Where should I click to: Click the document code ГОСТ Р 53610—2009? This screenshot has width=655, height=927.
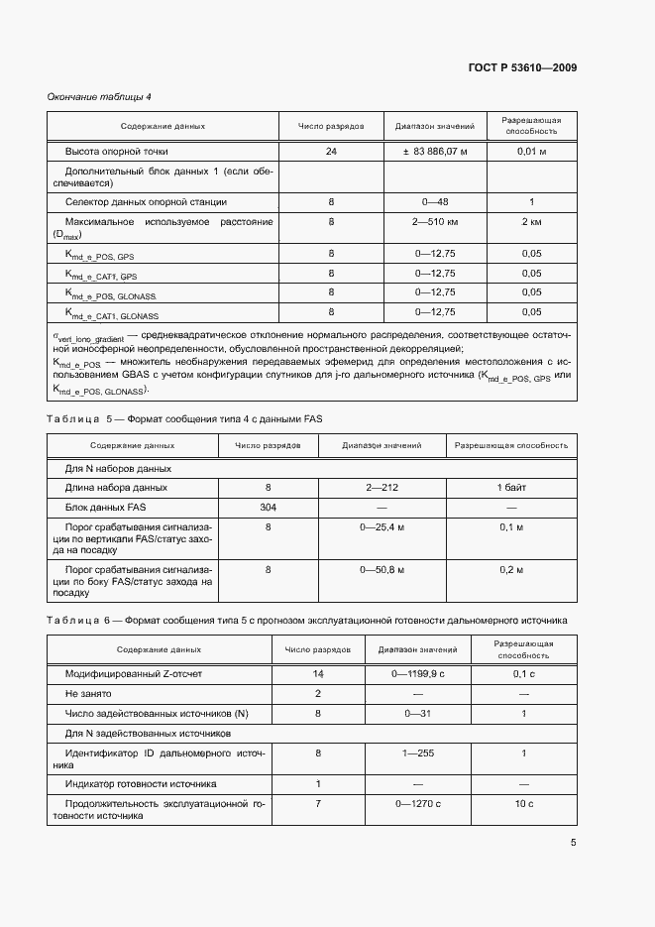click(522, 68)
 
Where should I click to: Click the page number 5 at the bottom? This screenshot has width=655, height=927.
click(573, 843)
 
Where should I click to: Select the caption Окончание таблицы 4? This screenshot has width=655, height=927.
click(99, 96)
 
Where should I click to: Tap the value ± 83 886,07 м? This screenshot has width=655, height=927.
click(434, 152)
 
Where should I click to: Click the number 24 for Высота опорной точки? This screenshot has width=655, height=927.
click(331, 152)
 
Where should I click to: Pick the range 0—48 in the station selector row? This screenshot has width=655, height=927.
click(434, 202)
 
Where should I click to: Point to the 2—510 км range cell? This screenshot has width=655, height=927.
click(434, 222)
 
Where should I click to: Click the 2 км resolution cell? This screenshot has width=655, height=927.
click(531, 222)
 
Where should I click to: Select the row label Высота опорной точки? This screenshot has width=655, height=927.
click(117, 152)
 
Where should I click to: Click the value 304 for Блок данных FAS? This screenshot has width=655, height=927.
click(268, 507)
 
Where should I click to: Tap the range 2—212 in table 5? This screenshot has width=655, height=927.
click(382, 488)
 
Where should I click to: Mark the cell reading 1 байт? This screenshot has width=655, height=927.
click(511, 488)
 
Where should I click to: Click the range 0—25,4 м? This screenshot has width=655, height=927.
click(382, 527)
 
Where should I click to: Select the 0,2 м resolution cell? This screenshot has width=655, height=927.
click(511, 569)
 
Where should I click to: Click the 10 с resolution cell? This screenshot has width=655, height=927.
click(523, 803)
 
